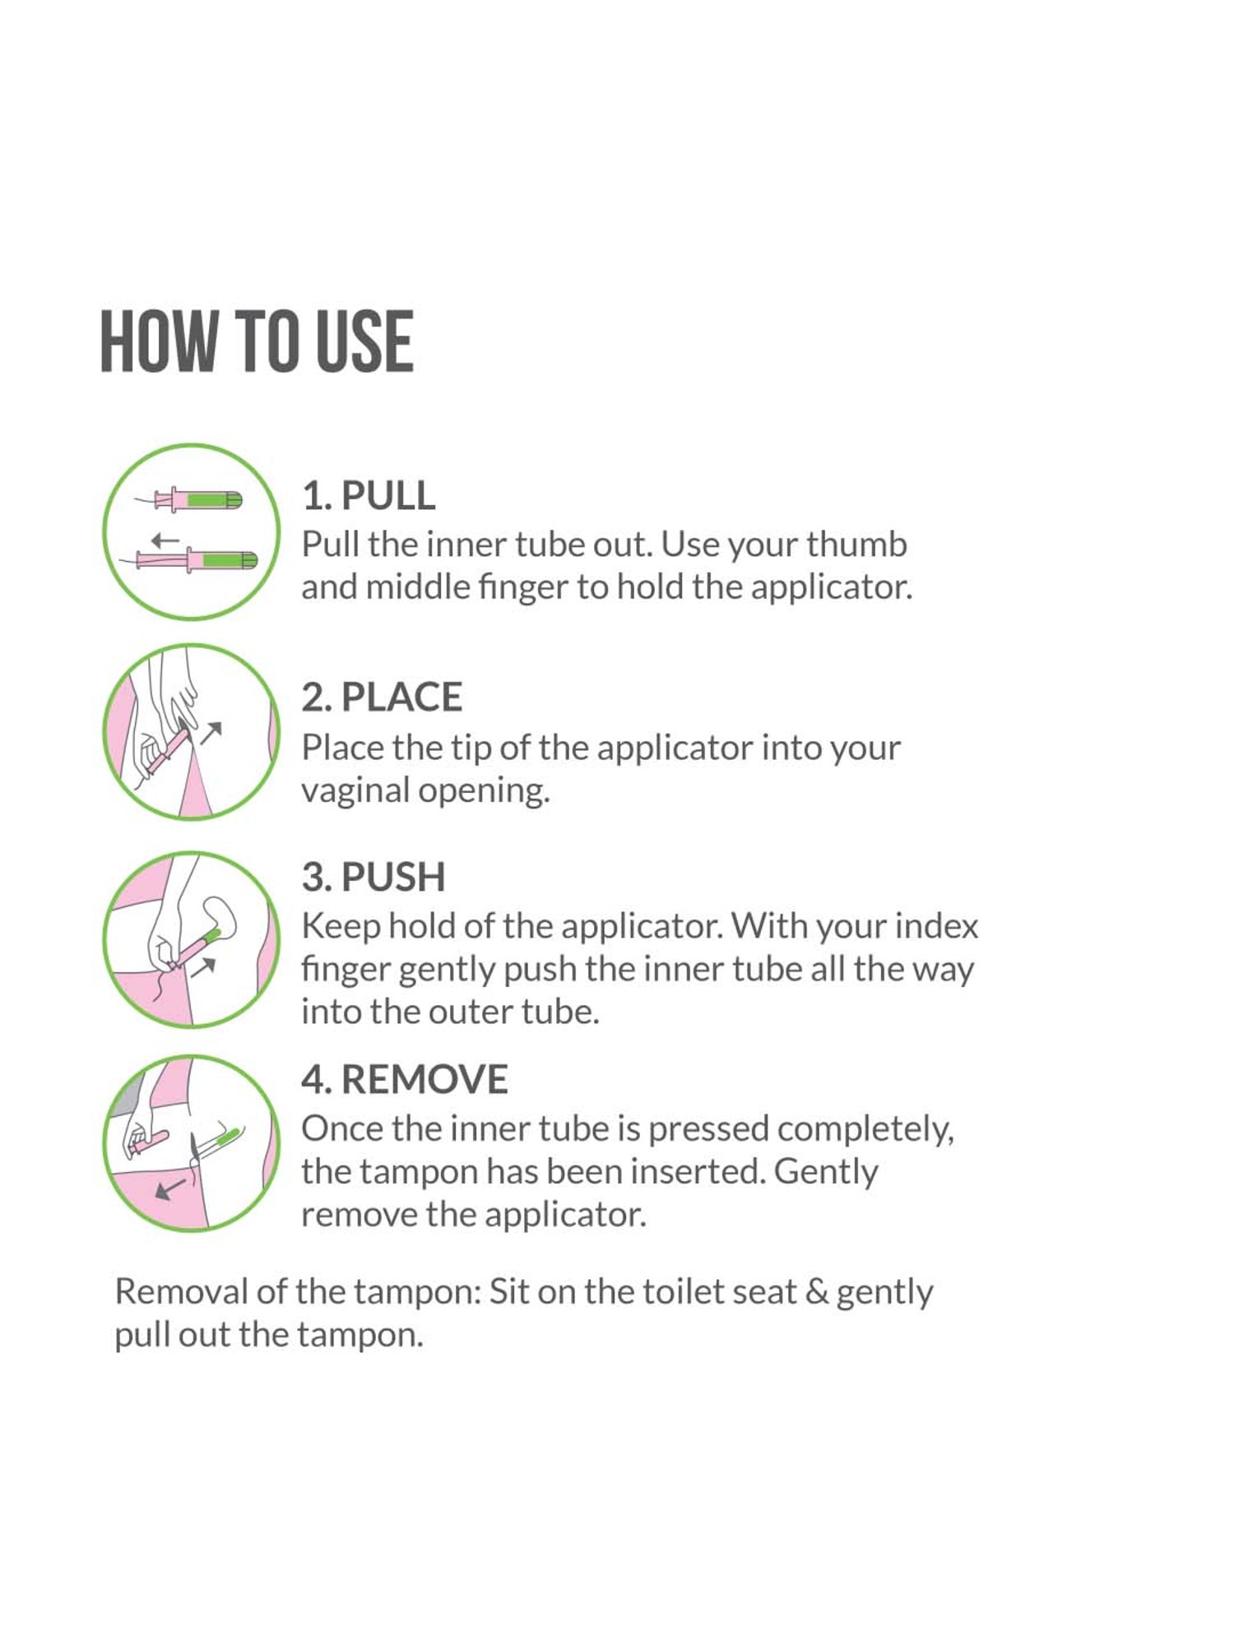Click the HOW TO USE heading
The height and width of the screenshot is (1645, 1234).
point(256,341)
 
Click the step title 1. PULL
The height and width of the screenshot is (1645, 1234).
point(368,495)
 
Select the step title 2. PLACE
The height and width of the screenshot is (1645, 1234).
point(382,697)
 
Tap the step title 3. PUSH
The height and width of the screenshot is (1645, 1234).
point(373,877)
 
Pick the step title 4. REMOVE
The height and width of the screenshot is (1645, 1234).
point(404,1079)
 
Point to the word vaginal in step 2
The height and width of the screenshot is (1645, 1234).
point(355,791)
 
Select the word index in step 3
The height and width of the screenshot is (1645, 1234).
point(936,926)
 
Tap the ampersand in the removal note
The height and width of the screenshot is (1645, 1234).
point(817,1291)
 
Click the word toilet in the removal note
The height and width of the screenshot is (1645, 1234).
point(675,1291)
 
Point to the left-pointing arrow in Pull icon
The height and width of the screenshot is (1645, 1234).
point(165,540)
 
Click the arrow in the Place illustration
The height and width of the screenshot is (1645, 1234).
point(211,731)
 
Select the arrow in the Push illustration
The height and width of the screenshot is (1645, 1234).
point(203,966)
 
